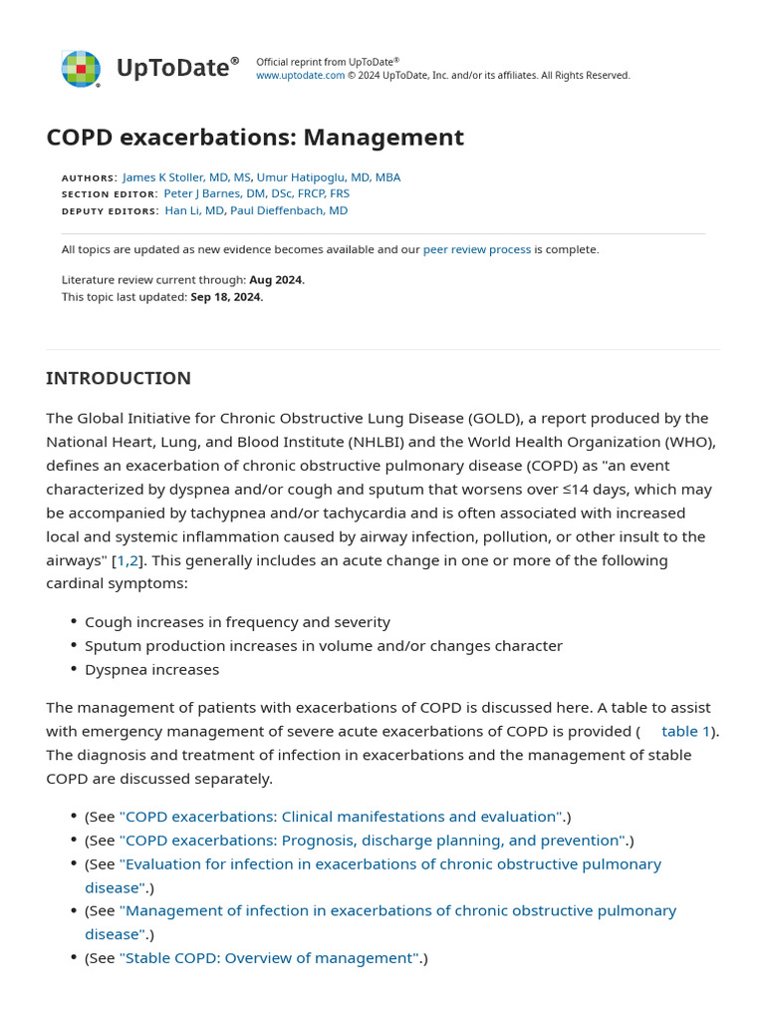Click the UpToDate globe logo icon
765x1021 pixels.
[x=81, y=68]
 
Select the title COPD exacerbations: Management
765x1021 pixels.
[x=255, y=138]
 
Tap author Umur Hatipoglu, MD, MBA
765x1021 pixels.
[x=329, y=177]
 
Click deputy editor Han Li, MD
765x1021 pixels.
[x=195, y=210]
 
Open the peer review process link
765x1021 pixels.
[x=477, y=249]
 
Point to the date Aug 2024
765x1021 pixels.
[x=276, y=280]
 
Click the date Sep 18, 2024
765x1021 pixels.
[x=226, y=297]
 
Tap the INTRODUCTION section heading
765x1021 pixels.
[x=119, y=379]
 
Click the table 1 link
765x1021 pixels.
[x=686, y=731]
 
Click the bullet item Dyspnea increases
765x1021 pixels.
[x=151, y=670]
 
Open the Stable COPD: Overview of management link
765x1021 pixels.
[x=269, y=958]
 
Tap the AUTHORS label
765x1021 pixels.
[x=89, y=177]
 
